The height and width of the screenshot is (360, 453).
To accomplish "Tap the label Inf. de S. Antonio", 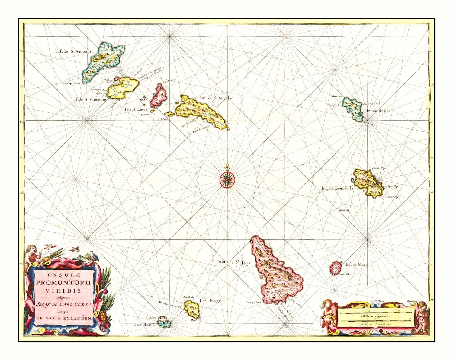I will pyautogui.click(x=72, y=51).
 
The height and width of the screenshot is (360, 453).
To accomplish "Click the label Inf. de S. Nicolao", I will pyautogui.click(x=216, y=98).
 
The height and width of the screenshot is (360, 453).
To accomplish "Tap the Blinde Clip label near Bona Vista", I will pyautogui.click(x=344, y=209).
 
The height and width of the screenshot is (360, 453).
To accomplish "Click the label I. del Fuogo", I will pyautogui.click(x=210, y=301).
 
